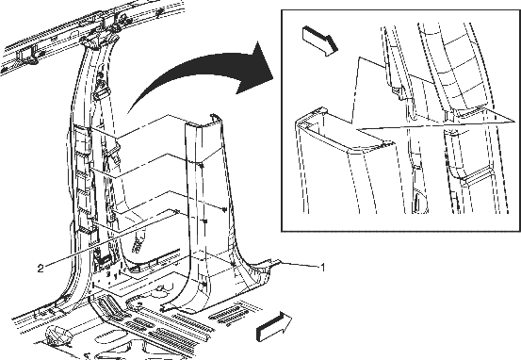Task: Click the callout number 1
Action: click(x=321, y=267)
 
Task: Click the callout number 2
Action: click(x=41, y=268)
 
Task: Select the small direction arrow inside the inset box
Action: click(x=320, y=41)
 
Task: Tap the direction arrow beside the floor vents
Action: click(x=274, y=327)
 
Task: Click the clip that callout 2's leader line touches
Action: click(x=177, y=212)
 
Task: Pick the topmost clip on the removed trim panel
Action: click(x=202, y=165)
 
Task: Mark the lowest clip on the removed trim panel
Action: click(x=204, y=286)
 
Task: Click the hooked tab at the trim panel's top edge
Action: click(x=214, y=117)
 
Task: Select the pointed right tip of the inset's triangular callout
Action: click(x=515, y=122)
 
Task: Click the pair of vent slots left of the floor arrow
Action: click(x=228, y=315)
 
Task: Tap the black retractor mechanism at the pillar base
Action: click(x=103, y=261)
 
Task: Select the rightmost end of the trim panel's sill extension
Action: click(x=280, y=261)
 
